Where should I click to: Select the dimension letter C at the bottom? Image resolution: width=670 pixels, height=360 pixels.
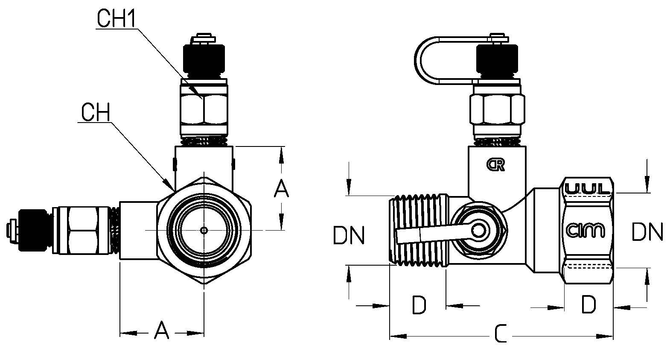point(501,334)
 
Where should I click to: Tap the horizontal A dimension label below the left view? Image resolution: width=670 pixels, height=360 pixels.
point(161,330)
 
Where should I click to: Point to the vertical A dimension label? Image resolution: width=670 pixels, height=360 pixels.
point(281,188)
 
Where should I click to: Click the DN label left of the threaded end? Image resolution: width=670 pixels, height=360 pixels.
point(349,235)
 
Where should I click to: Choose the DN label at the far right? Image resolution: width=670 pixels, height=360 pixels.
point(647,231)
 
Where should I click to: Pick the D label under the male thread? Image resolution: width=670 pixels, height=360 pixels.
point(419,305)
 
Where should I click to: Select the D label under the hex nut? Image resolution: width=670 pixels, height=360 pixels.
point(588,304)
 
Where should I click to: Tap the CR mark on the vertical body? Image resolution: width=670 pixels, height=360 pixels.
point(495,164)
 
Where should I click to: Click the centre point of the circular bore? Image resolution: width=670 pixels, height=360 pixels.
point(204,230)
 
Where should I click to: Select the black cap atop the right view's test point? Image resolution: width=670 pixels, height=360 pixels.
point(497,60)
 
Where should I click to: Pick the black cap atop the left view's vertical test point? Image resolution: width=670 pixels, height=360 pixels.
point(204,61)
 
